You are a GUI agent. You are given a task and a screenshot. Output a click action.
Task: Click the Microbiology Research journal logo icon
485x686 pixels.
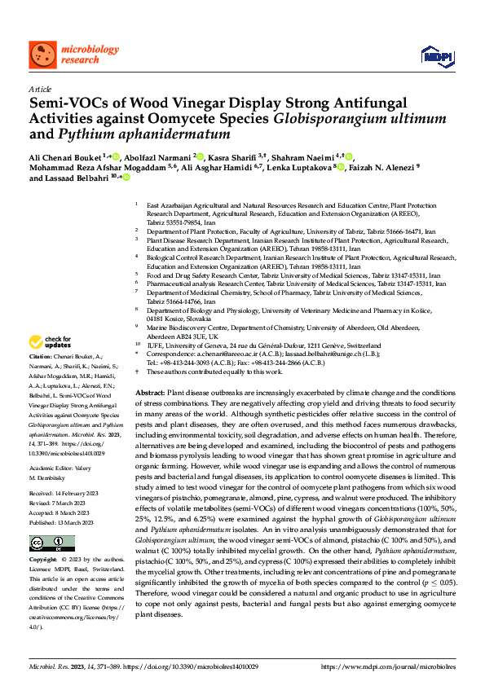pos(42,55)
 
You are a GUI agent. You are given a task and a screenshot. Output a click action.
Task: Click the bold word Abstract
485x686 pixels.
pos(150,392)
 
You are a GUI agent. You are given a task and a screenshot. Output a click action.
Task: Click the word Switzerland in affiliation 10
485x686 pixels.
pos(331,345)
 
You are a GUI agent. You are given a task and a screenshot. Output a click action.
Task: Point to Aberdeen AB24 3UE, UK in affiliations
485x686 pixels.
pos(183,336)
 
